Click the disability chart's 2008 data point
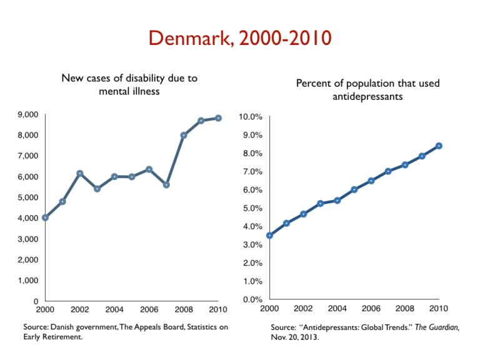(184, 135)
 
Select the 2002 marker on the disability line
(79, 173)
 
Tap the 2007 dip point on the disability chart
(166, 185)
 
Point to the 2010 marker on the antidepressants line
(439, 146)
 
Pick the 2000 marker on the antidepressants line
(269, 236)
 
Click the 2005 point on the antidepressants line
(354, 189)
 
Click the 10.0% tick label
(251, 117)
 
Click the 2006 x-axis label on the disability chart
(149, 310)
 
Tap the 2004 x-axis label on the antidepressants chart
(337, 309)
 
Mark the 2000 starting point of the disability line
(45, 217)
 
